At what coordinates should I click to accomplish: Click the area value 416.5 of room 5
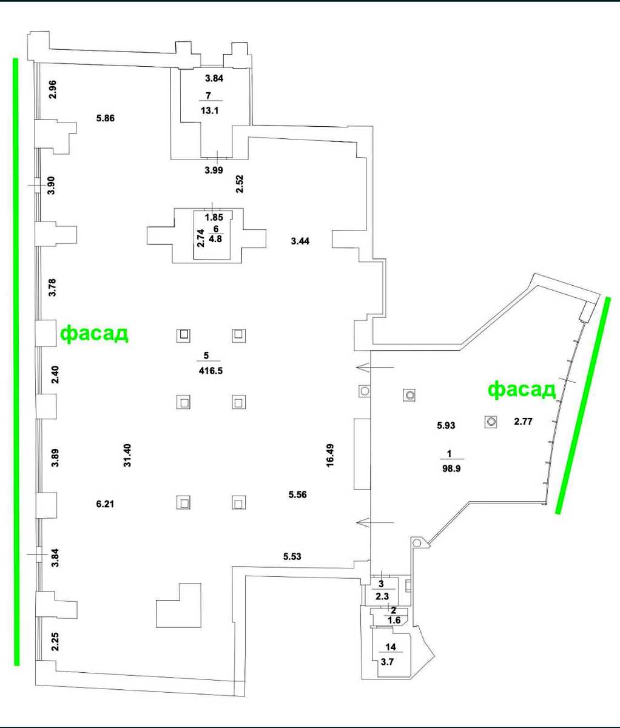(211, 371)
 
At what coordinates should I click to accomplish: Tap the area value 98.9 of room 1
(451, 468)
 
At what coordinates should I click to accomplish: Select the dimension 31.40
(127, 456)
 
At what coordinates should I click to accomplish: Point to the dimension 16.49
(330, 456)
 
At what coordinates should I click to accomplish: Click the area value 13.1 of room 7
(210, 110)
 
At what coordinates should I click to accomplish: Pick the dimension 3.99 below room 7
(214, 170)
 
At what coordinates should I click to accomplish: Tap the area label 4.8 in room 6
(215, 239)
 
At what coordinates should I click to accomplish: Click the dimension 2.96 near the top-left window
(53, 90)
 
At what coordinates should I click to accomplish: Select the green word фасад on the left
(94, 334)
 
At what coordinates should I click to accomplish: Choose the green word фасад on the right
(522, 390)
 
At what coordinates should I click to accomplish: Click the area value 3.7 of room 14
(387, 662)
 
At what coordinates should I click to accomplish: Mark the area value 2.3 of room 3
(382, 596)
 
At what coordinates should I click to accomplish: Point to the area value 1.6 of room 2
(394, 620)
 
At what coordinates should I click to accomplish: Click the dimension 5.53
(292, 556)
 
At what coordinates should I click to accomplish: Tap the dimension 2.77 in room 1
(523, 421)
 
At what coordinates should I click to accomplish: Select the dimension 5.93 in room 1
(446, 425)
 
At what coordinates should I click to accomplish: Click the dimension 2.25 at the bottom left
(55, 642)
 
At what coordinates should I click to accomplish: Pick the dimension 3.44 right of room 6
(300, 241)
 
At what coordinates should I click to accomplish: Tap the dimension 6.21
(105, 504)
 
